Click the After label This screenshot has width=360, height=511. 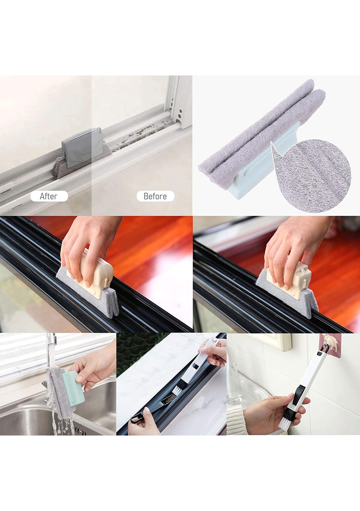pyautogui.click(x=49, y=196)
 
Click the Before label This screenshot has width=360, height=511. pyautogui.click(x=155, y=196)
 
